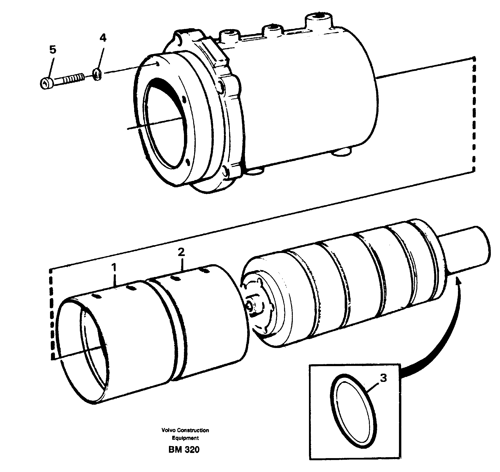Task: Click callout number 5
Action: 52,50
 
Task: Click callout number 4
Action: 103,38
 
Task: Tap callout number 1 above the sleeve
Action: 114,268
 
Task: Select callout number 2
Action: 181,252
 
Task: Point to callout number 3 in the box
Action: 383,378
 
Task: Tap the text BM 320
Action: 184,450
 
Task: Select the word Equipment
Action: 185,438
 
